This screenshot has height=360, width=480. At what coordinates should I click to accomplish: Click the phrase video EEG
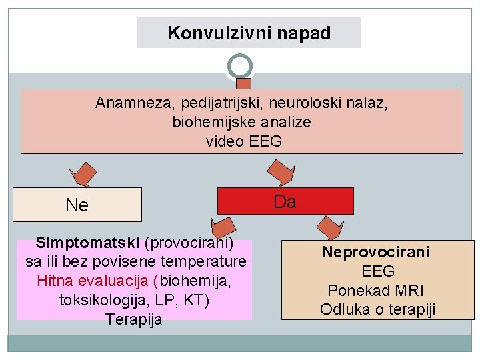(244, 141)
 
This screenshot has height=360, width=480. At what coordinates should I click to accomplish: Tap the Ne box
(77, 205)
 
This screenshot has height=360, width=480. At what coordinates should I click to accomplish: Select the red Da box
(285, 201)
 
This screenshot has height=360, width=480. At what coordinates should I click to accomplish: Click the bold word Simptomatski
(88, 241)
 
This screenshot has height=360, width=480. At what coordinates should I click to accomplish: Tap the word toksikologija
(97, 300)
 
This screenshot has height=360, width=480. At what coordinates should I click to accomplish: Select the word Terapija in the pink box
(133, 319)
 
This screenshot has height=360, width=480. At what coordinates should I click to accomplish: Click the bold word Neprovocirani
(377, 252)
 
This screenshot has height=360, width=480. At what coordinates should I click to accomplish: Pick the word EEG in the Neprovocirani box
(378, 271)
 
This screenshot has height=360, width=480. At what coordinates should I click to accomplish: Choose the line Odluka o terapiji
(377, 309)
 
